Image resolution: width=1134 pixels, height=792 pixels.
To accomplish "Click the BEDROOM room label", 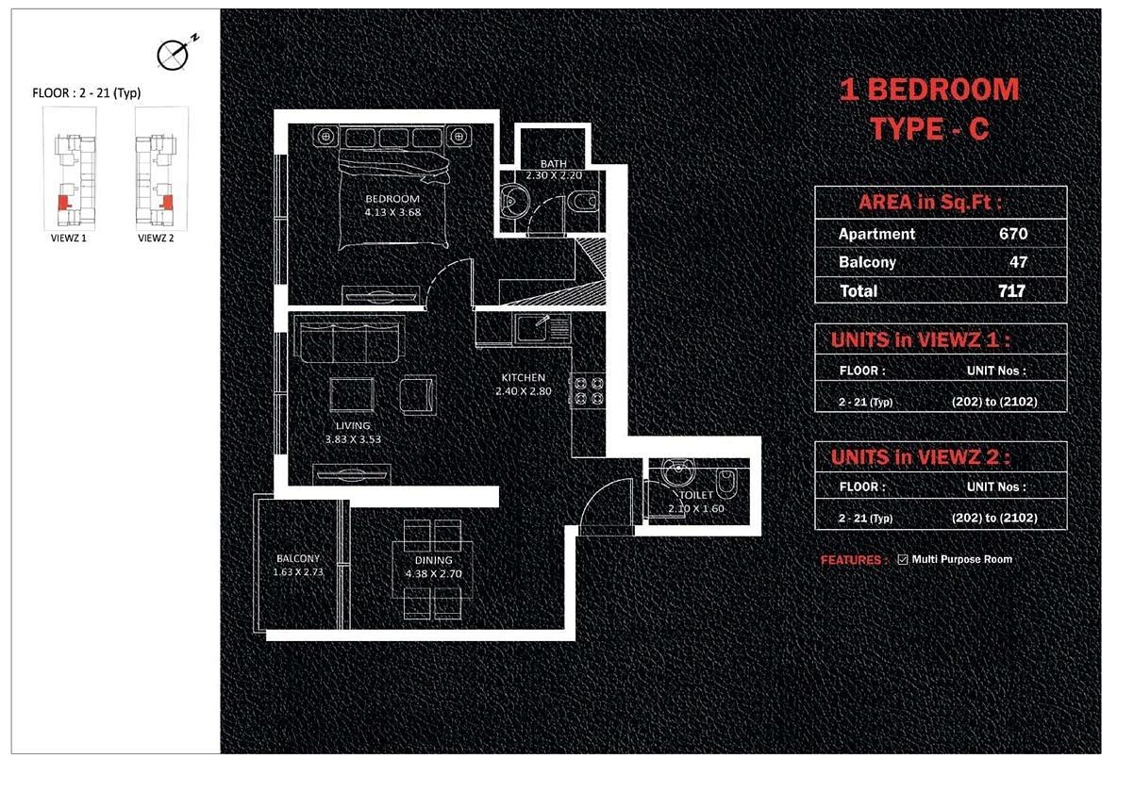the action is (392, 199).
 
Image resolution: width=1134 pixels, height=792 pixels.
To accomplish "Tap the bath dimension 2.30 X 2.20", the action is (554, 175).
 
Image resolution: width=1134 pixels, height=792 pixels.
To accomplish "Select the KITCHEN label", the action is (524, 377).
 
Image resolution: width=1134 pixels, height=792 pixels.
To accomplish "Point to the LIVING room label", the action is (353, 425).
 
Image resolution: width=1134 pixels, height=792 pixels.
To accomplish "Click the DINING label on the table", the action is (434, 560).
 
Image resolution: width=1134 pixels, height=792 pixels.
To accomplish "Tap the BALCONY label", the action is (298, 558).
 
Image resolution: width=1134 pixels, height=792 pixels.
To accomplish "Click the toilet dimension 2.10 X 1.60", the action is (696, 508).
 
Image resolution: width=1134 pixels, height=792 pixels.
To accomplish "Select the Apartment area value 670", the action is (1013, 234).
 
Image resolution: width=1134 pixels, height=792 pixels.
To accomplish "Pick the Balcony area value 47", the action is (1018, 262).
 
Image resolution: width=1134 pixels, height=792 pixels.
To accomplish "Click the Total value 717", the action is (1012, 291).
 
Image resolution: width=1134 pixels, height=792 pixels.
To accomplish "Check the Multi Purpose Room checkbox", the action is (903, 559).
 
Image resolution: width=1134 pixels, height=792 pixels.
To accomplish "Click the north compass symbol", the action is (173, 55).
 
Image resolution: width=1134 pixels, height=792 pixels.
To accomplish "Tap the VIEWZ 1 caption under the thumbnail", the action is (69, 239).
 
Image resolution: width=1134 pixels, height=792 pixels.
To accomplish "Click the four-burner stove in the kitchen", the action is (589, 390).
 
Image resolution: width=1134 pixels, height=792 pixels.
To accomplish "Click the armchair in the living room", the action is (418, 395).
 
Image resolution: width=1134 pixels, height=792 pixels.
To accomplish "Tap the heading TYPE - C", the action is (929, 128).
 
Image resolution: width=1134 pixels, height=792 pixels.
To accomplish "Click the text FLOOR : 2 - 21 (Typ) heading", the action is (87, 93).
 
